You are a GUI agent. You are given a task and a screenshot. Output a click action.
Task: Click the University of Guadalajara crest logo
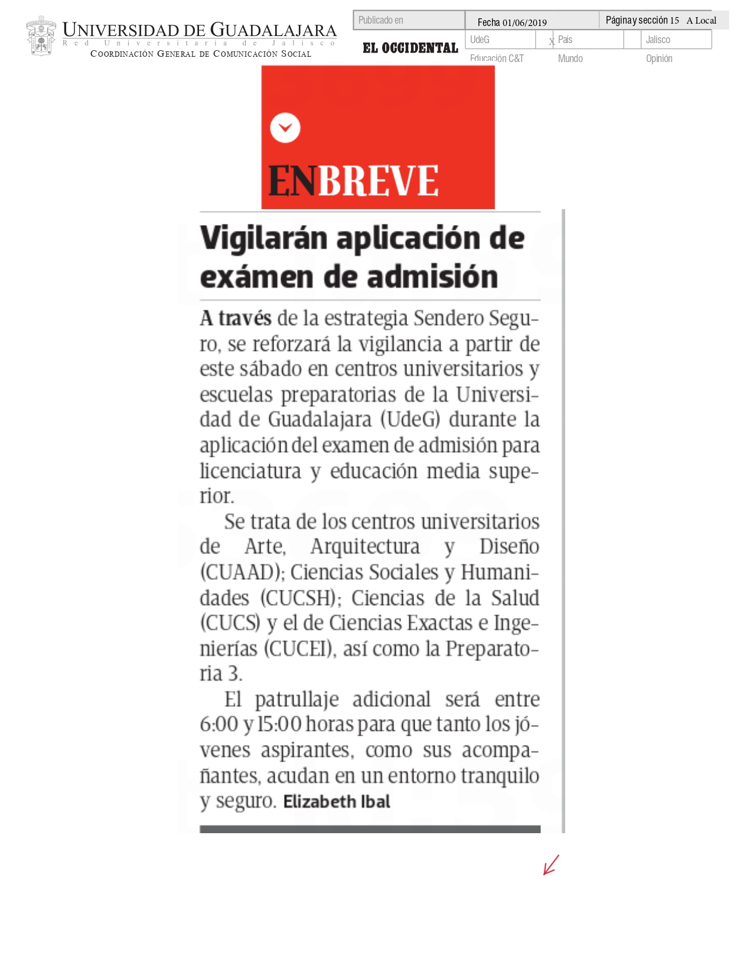(41, 36)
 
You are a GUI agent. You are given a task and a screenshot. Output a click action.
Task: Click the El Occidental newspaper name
(410, 48)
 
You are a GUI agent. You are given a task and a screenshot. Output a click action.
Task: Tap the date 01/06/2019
(524, 22)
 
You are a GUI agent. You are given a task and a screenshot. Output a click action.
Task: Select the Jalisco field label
(658, 40)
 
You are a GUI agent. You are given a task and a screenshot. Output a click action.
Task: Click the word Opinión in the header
(659, 58)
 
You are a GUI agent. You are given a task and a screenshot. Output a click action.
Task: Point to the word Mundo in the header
(570, 58)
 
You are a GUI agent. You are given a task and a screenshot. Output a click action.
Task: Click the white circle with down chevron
(285, 128)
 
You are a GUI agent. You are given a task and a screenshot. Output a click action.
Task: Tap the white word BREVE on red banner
(379, 181)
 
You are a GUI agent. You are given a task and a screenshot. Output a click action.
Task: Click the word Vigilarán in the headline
(263, 238)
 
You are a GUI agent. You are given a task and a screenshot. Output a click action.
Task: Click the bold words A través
(235, 318)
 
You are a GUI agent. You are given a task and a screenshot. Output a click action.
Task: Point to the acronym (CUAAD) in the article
(240, 572)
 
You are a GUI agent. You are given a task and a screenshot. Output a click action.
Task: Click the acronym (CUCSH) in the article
(301, 598)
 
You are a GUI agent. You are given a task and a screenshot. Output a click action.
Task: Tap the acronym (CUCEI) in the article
(299, 649)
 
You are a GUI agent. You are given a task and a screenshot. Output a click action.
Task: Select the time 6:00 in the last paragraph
(219, 724)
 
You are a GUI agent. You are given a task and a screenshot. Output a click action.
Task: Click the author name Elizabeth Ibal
(337, 802)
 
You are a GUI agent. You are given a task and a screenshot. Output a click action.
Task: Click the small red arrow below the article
(551, 865)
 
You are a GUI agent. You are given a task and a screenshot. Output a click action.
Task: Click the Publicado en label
(381, 20)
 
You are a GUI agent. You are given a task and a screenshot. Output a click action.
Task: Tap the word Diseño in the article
(509, 547)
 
